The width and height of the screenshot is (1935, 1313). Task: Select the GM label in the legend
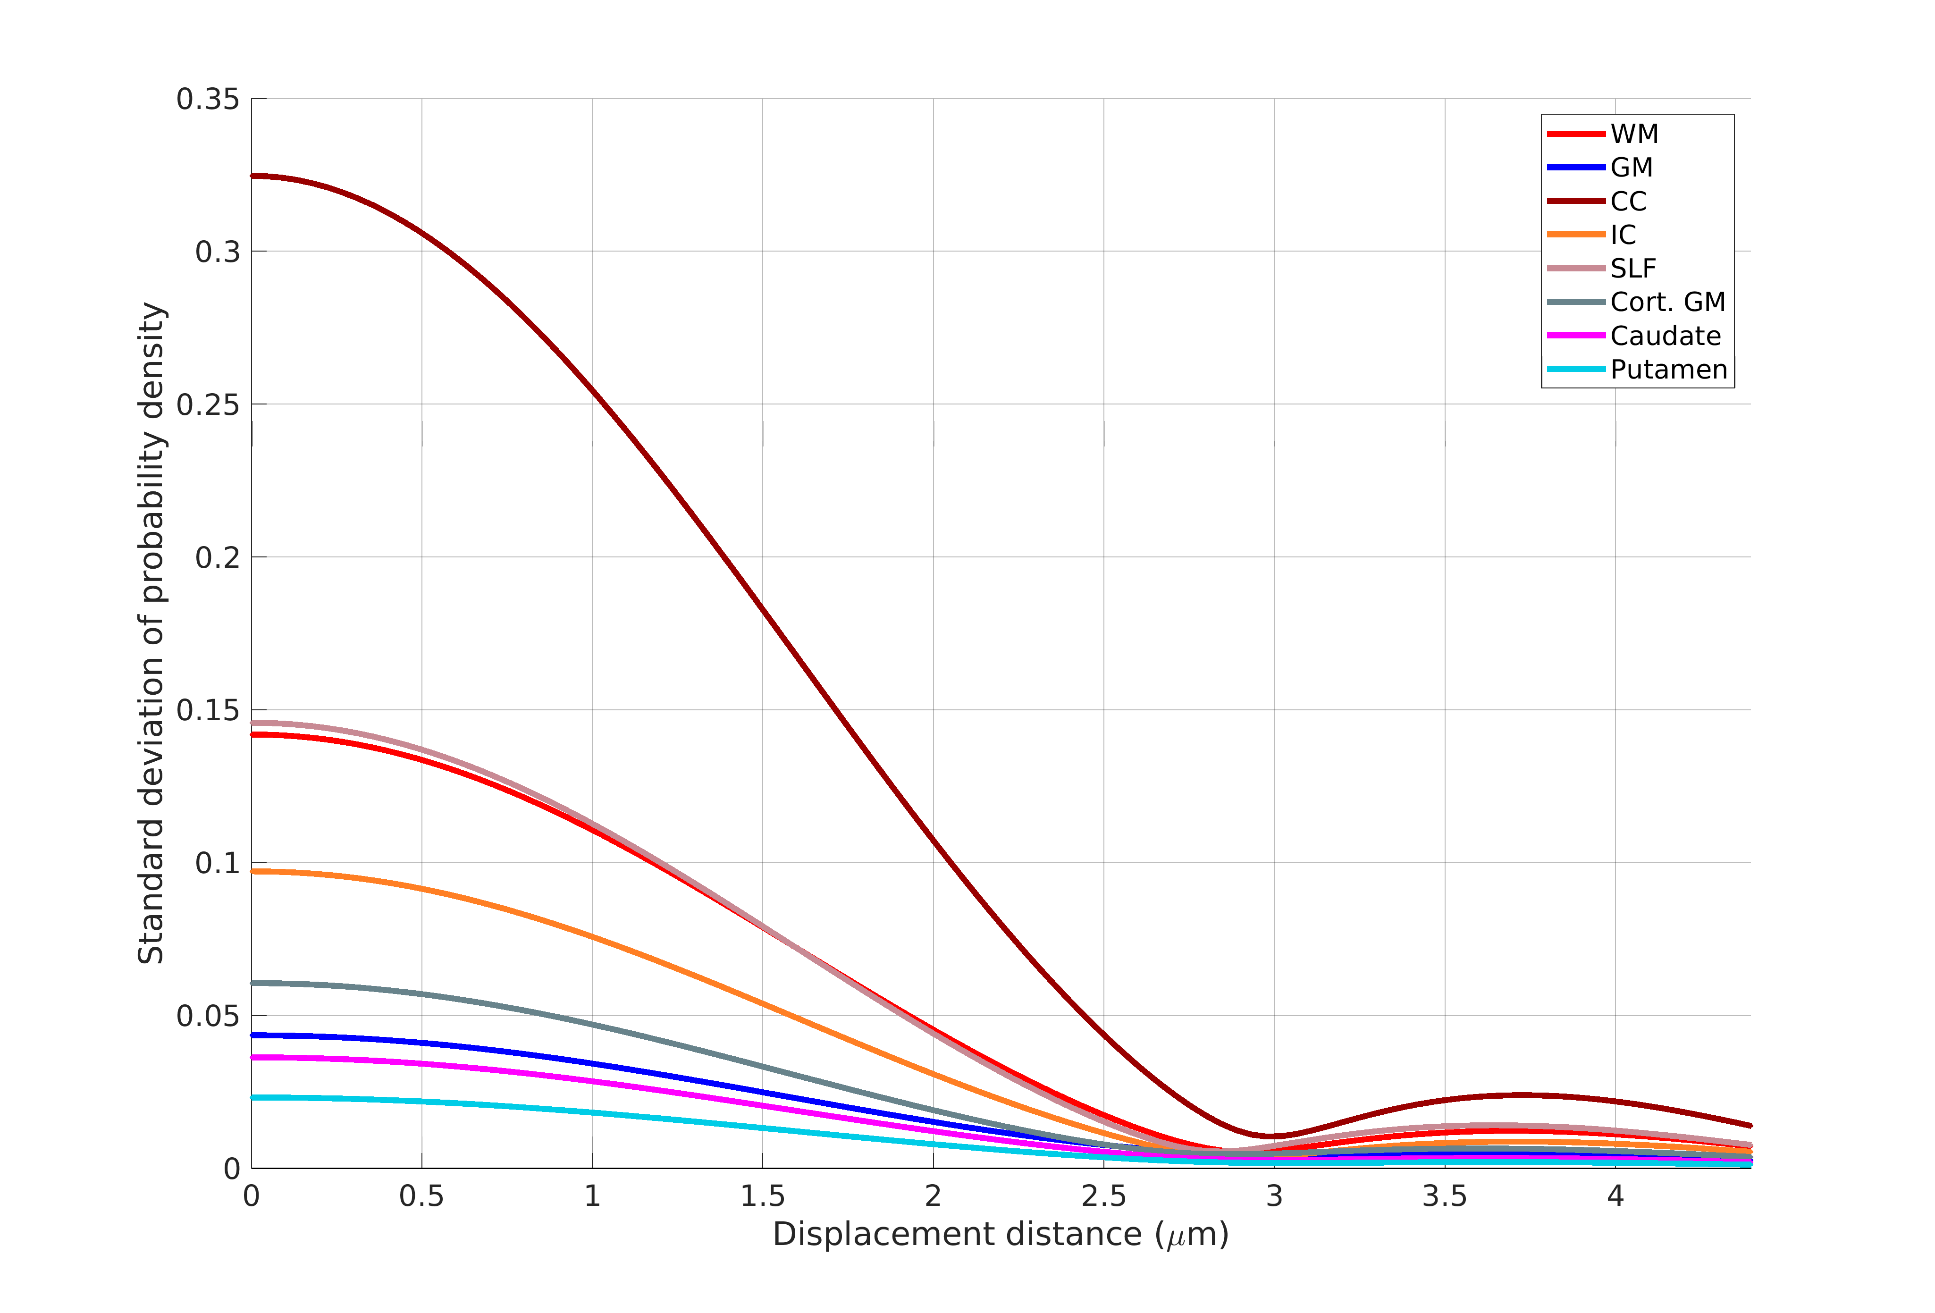1631,168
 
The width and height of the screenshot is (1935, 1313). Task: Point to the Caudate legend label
1665,336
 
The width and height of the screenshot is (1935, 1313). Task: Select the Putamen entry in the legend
1668,370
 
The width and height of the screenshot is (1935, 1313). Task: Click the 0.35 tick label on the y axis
207,99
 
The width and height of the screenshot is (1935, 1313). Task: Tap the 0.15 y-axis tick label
207,710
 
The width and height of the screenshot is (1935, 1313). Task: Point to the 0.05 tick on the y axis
207,1016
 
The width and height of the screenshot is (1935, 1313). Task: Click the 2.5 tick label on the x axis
1103,1196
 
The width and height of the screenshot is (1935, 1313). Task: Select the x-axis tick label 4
1615,1196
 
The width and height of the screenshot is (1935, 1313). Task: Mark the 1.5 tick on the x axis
763,1196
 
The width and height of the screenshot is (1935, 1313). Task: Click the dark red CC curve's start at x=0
252,176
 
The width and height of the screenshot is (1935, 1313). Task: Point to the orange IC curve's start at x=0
252,872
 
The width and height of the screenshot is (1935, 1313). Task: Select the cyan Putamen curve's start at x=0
252,1097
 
